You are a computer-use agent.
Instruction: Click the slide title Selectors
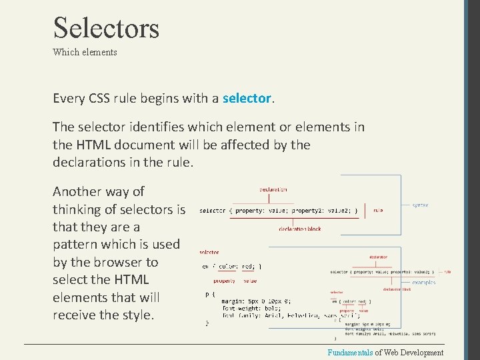[106, 28]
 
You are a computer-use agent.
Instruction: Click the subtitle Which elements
[85, 52]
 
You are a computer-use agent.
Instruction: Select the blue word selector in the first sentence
[247, 99]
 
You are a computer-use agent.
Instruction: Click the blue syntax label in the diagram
[420, 205]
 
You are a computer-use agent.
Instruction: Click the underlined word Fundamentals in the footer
[349, 353]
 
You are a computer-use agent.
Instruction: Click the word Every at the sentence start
[69, 99]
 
